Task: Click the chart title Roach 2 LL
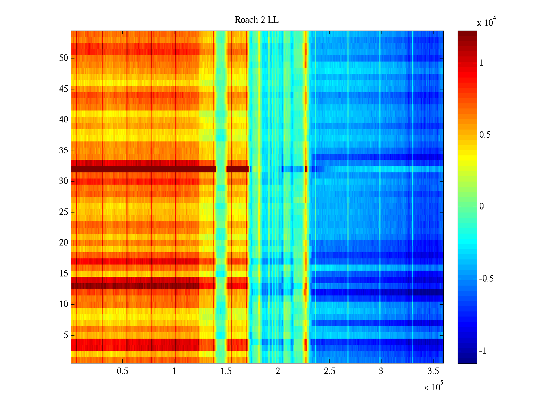[256, 20]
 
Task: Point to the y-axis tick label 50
[64, 58]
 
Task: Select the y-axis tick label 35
[64, 151]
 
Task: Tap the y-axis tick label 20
[64, 243]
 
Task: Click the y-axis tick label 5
[66, 335]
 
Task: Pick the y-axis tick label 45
[64, 89]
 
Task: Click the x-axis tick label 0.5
[122, 371]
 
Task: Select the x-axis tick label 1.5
[226, 371]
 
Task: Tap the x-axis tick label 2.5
[329, 371]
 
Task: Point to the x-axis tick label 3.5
[432, 371]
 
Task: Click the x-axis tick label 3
[381, 371]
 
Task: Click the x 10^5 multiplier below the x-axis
[433, 387]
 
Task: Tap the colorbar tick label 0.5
[485, 135]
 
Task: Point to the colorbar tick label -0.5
[486, 279]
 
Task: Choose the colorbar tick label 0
[481, 207]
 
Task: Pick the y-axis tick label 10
[64, 304]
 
